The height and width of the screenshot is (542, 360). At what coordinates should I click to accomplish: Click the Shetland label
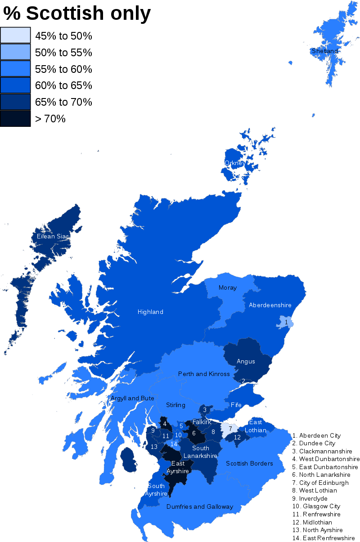click(324, 51)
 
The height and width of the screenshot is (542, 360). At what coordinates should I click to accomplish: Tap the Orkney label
click(235, 163)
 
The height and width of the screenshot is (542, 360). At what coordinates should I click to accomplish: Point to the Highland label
click(150, 312)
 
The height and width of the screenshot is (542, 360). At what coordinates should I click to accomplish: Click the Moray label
click(227, 287)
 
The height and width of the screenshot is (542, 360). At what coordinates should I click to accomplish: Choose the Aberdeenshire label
click(270, 305)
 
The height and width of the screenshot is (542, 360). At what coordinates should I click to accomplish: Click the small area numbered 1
click(286, 322)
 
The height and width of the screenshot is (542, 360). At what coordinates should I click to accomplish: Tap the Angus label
click(246, 361)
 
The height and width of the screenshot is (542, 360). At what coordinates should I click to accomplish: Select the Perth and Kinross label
click(204, 374)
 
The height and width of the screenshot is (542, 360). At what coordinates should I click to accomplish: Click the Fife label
click(236, 405)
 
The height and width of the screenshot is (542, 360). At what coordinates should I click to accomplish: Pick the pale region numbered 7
click(230, 429)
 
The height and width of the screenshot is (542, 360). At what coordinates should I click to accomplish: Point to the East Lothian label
click(256, 426)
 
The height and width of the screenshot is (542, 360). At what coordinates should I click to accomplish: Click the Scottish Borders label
click(249, 463)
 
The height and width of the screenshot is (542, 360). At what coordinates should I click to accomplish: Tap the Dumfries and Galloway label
click(200, 506)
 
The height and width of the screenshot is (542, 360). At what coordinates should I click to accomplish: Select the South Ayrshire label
click(156, 489)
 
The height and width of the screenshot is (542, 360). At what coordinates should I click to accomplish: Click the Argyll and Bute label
click(132, 398)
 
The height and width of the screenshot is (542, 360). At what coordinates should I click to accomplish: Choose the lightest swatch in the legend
click(15, 35)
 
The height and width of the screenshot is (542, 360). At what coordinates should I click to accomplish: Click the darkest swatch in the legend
click(15, 118)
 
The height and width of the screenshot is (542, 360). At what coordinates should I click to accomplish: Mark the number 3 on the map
click(205, 410)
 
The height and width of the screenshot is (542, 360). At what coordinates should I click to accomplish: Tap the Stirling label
click(175, 405)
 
